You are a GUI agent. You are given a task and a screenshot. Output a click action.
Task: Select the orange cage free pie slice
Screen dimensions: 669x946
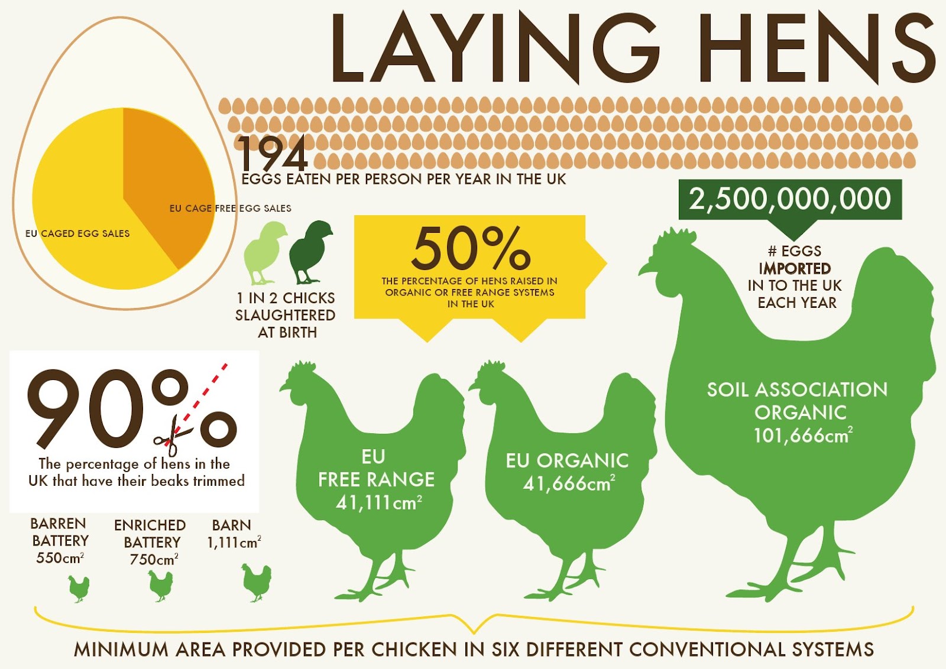(166, 177)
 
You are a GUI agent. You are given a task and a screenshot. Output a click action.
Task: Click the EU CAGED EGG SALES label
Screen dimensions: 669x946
(77, 233)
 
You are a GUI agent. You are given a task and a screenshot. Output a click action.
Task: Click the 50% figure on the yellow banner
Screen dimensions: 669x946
(471, 248)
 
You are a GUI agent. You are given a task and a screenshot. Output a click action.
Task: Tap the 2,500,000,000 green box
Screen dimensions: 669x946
(790, 199)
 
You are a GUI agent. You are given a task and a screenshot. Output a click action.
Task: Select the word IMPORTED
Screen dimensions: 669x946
(795, 268)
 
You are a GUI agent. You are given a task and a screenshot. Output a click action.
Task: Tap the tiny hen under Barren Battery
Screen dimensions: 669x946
(79, 589)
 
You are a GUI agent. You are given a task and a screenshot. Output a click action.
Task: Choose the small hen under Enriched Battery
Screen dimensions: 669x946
(160, 586)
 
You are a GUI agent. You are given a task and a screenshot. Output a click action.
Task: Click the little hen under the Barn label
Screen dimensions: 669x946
(256, 582)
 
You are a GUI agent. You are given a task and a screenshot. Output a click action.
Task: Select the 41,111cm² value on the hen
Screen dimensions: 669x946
(378, 503)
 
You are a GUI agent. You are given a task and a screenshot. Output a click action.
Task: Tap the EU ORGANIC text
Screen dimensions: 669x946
(567, 461)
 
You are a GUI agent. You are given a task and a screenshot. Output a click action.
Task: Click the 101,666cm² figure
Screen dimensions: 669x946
(802, 436)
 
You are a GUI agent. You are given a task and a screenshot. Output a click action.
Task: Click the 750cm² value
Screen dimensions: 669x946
(154, 559)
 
